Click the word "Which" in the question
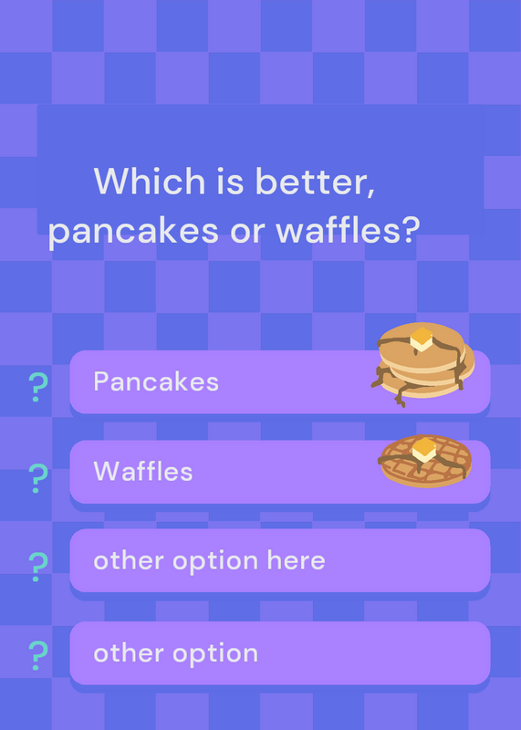coord(150,181)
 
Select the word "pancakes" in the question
coord(133,232)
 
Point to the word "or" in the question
coord(247,233)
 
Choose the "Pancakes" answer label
coord(156,381)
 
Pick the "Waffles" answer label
coord(143,471)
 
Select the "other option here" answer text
coord(209,560)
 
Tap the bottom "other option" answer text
coord(175,653)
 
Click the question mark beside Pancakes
coord(38,387)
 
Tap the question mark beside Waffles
coord(38,478)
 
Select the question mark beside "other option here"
coord(38,567)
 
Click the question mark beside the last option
coord(38,655)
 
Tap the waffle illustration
coord(425,461)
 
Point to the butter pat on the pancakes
coord(422,339)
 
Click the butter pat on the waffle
coord(423,450)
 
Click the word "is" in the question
coord(230,181)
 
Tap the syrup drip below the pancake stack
coord(400,396)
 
